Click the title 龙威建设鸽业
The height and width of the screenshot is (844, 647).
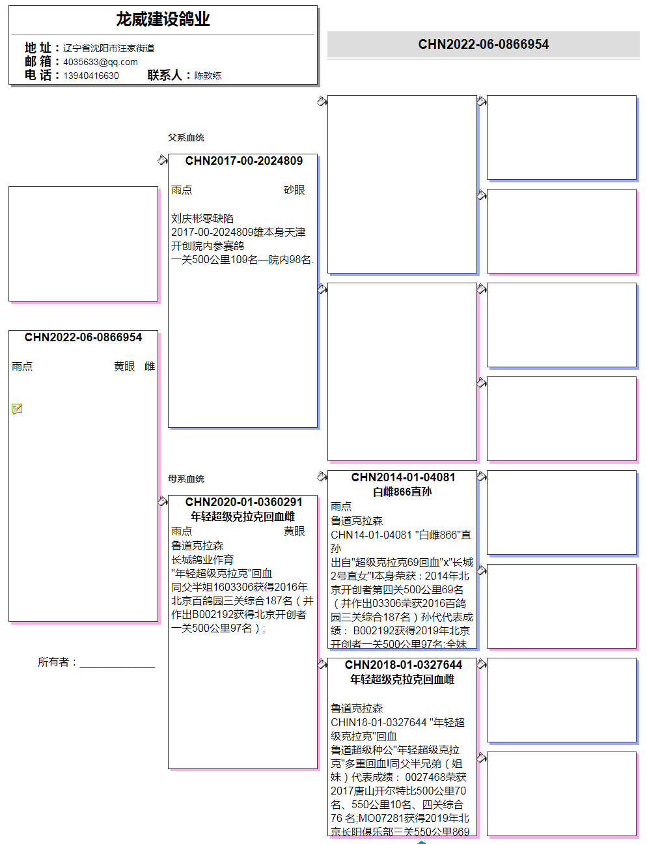point(163,20)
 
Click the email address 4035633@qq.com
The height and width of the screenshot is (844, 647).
point(100,62)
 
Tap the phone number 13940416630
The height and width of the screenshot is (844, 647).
point(91,76)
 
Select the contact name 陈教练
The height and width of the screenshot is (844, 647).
point(208,76)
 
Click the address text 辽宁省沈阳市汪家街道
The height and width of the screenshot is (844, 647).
point(109,48)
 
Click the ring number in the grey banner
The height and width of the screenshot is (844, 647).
point(483,44)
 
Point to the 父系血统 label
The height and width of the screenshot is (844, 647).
point(186,137)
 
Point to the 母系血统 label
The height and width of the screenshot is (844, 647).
point(186,479)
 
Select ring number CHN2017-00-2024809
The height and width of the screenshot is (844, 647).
point(243,161)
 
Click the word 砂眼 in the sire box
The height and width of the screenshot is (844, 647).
point(294,190)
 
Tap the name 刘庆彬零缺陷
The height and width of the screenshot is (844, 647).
point(202,218)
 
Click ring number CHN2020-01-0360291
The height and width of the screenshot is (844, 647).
point(243,502)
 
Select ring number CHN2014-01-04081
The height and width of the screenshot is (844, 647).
point(403,477)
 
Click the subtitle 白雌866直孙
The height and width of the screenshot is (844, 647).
point(402,492)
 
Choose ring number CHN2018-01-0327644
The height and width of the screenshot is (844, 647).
point(403,665)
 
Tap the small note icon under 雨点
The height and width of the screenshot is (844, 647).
point(17,409)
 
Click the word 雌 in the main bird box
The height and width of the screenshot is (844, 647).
point(150,367)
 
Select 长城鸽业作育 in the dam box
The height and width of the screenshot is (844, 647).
point(202,559)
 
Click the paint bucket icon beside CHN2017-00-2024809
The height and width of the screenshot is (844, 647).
point(162,160)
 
